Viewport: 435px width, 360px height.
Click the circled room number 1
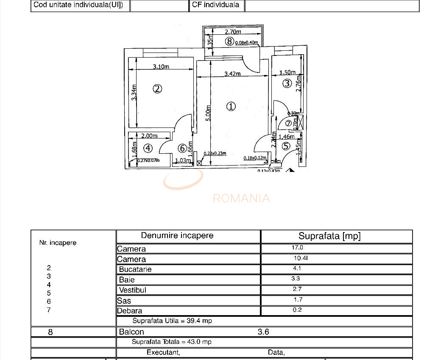point(231,106)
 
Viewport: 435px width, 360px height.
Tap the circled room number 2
point(157,89)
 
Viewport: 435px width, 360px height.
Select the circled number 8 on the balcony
point(229,41)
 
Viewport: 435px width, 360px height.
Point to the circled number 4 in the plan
point(148,148)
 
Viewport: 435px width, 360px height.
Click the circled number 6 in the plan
point(182,148)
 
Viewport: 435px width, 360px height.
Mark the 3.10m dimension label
point(161,66)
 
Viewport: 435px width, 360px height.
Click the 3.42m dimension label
point(232,74)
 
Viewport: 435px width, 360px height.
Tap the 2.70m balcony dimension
point(233,32)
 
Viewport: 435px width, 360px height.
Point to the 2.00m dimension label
point(149,136)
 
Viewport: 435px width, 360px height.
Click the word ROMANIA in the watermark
point(241,198)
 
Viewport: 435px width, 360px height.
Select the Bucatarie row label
point(135,269)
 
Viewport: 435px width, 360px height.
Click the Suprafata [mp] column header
point(329,236)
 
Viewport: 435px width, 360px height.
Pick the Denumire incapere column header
point(177,235)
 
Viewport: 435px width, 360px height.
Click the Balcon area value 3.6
point(263,332)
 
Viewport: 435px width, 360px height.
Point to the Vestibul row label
point(133,290)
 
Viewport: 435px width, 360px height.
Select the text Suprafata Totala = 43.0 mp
point(172,342)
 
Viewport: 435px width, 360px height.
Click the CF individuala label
point(215,5)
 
